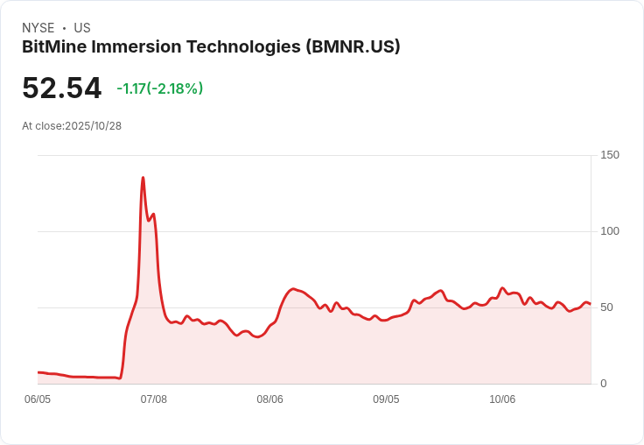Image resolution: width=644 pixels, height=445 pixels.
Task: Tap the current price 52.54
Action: coord(61,88)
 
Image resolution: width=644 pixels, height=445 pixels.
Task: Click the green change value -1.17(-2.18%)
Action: coord(160,88)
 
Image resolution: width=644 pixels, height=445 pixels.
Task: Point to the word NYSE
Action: coord(38,28)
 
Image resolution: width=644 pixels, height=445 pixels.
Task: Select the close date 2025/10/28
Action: coord(94,126)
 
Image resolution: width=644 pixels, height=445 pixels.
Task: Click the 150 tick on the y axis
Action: coord(609,155)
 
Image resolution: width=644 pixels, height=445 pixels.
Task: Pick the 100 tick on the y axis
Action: coord(609,231)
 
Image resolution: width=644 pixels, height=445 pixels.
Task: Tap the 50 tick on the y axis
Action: coord(605,307)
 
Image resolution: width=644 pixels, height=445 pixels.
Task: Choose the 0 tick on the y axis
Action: coord(603,384)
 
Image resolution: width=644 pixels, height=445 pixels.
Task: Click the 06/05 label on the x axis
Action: coord(38,399)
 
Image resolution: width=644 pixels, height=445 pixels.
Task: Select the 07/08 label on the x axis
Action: coord(153,399)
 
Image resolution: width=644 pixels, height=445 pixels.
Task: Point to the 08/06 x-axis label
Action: coord(269,399)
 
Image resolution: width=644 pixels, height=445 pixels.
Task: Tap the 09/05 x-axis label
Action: coord(386,399)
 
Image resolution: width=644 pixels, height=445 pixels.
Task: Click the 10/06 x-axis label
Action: coord(502,399)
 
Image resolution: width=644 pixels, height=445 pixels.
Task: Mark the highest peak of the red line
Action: coord(143,178)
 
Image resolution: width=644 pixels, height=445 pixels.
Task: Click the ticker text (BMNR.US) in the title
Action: coord(353,47)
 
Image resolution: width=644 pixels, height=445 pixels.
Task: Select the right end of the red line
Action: coord(590,304)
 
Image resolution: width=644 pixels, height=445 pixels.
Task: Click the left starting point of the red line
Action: coord(38,372)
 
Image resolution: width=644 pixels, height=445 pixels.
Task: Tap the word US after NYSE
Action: coord(82,28)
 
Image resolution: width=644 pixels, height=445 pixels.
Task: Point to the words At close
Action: coord(41,126)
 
